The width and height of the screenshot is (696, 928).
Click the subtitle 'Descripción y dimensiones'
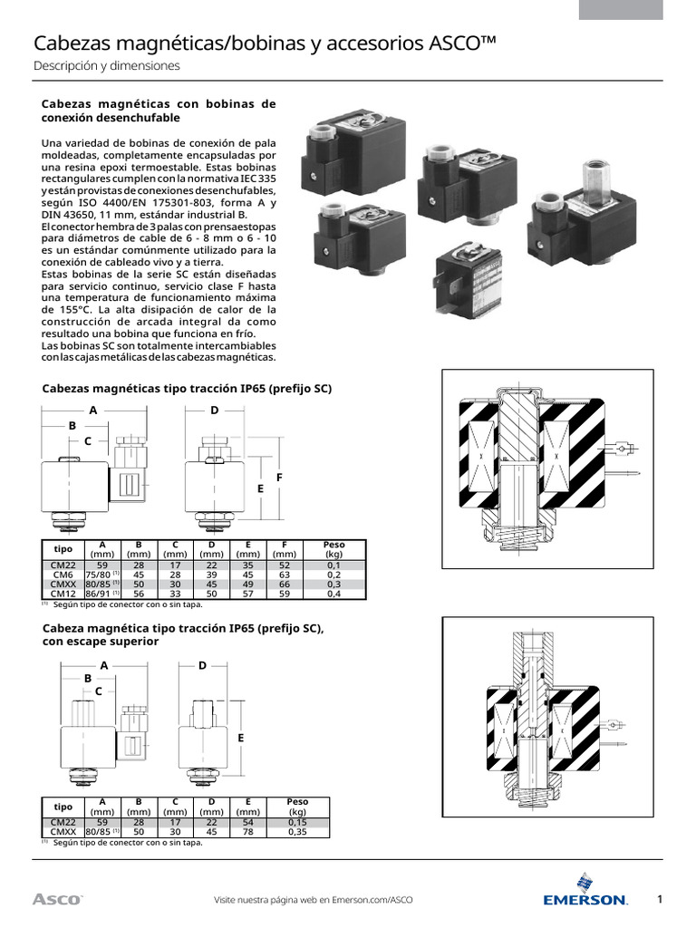pyautogui.click(x=107, y=66)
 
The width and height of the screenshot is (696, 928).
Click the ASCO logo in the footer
pyautogui.click(x=57, y=899)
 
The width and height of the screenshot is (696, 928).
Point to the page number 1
pyautogui.click(x=661, y=899)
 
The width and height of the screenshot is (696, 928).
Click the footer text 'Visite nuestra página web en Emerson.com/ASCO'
pyautogui.click(x=313, y=900)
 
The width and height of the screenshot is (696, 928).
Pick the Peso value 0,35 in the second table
pyautogui.click(x=297, y=831)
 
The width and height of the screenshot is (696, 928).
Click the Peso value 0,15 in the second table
pyautogui.click(x=297, y=822)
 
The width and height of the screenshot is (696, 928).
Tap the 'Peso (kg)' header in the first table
pyautogui.click(x=334, y=549)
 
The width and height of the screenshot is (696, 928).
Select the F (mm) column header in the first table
pyautogui.click(x=285, y=549)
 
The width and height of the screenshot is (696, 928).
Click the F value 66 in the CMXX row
pyautogui.click(x=285, y=585)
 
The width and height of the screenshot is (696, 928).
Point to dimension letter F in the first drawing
pyautogui.click(x=279, y=477)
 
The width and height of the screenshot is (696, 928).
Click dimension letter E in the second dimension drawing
pyautogui.click(x=241, y=739)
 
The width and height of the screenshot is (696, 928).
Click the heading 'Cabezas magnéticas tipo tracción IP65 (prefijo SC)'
pyautogui.click(x=188, y=389)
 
